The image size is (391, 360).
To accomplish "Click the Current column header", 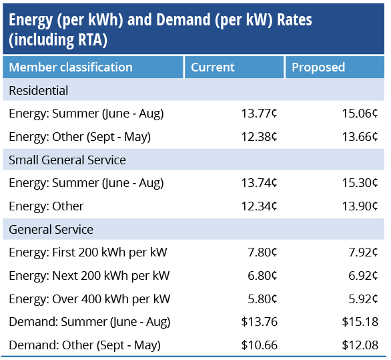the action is (x=213, y=67).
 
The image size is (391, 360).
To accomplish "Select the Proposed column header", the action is (x=318, y=67).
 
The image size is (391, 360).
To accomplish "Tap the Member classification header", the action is (x=71, y=67).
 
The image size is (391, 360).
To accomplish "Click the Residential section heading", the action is (x=39, y=90).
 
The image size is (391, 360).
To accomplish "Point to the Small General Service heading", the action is (x=67, y=160).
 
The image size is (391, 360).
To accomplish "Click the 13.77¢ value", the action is (x=259, y=114).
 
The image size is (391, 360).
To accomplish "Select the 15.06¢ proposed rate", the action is (x=360, y=114).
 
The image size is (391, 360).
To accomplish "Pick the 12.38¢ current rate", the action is (x=259, y=136).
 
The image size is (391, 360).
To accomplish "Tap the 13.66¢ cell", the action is (x=360, y=136).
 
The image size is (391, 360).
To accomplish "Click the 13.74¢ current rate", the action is (x=259, y=183).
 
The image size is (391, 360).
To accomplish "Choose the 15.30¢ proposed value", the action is (x=360, y=183).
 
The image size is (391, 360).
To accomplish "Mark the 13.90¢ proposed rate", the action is (x=360, y=206).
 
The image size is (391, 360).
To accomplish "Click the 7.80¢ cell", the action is (x=262, y=252).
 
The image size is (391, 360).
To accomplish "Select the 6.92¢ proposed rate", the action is (x=363, y=275).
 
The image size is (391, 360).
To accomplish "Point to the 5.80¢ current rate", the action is (x=262, y=299).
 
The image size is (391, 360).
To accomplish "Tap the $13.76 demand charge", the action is (x=260, y=321).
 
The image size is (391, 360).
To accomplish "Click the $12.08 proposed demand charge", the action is (x=360, y=345).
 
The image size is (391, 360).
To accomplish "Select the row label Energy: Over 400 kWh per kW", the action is (x=89, y=299).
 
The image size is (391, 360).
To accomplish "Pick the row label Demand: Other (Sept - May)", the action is (x=85, y=345).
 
